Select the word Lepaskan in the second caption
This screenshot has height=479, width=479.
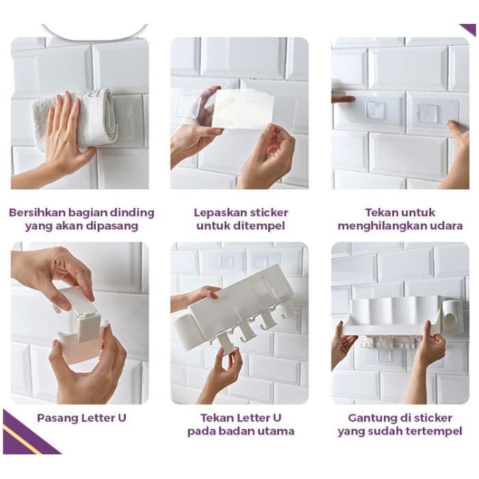tap(220, 213)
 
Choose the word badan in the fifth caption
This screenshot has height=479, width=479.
tap(237, 431)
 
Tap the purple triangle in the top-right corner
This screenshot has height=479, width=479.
tap(470, 29)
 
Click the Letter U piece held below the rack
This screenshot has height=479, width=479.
tap(225, 344)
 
